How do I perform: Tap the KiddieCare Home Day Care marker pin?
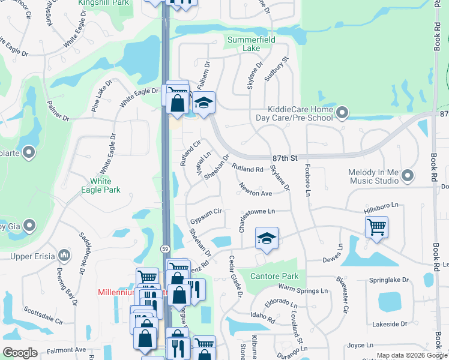click(342, 112)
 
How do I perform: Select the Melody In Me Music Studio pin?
click(408, 176)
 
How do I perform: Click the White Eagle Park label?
click(105, 185)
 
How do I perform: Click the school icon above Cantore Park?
click(266, 239)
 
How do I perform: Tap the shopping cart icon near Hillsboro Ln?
click(376, 227)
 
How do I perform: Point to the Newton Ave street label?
click(256, 190)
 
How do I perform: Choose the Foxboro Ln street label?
click(308, 177)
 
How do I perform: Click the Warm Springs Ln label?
click(304, 290)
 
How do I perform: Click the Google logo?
click(20, 352)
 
